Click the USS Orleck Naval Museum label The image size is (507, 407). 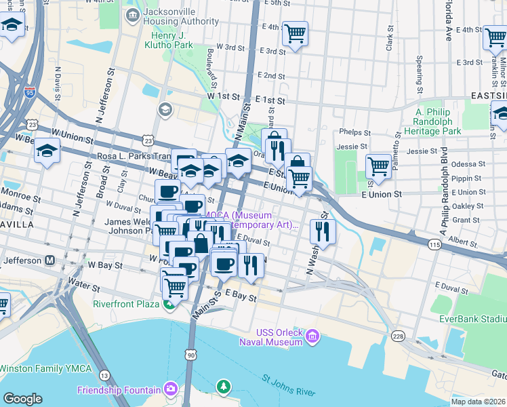coord(279,337)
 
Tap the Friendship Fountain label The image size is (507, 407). coord(119,390)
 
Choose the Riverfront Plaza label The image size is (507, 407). coord(126,304)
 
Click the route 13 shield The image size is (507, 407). coord(104,375)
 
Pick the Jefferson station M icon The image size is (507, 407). coord(49,260)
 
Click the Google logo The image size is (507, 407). coord(22,399)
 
